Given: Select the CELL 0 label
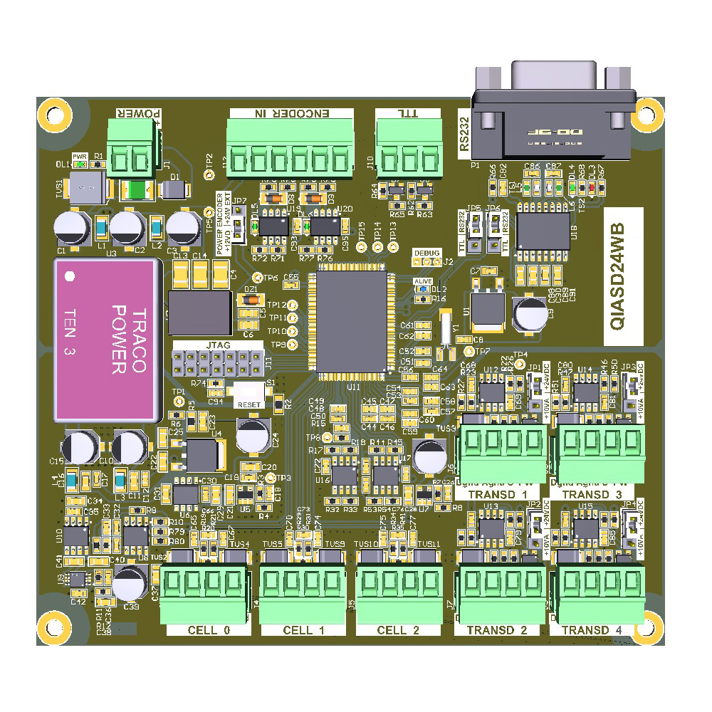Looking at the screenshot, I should [x=209, y=630].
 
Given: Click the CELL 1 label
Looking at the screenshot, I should [x=303, y=630].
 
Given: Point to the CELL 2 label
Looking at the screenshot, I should [x=398, y=630].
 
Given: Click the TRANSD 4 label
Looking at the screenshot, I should [x=596, y=630].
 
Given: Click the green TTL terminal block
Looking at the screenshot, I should [x=404, y=148].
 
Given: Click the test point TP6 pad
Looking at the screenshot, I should [x=257, y=278].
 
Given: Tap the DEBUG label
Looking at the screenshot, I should [x=426, y=253].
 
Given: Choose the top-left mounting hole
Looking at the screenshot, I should [x=55, y=113].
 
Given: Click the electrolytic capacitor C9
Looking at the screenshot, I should [x=530, y=313].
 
